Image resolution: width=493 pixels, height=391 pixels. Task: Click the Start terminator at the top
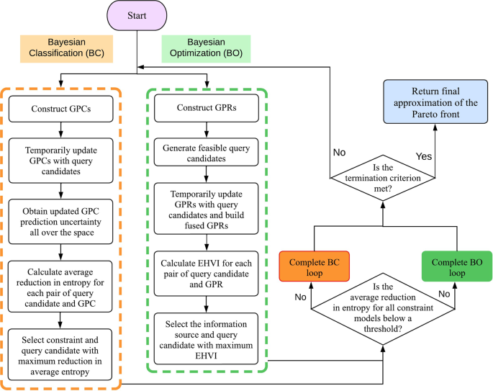[137, 15]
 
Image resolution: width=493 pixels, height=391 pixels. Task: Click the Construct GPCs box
[60, 109]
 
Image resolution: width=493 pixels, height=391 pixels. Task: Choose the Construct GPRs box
[207, 108]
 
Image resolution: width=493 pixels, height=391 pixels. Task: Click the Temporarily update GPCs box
[60, 161]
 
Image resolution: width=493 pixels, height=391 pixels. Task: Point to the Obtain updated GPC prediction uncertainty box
[60, 222]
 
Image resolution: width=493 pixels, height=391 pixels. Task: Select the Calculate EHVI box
[206, 274]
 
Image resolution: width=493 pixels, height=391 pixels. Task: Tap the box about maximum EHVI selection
[206, 338]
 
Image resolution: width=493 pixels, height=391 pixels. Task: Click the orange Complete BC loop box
[314, 266]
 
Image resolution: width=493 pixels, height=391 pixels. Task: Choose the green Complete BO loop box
[457, 266]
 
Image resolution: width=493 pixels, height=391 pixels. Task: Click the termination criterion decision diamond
[383, 178]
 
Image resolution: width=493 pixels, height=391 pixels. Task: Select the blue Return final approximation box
[435, 102]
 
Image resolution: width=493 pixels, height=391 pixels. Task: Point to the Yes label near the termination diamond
[423, 156]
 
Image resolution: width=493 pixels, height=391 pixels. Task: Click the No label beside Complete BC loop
[300, 297]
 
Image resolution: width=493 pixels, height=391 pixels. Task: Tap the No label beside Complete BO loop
[444, 294]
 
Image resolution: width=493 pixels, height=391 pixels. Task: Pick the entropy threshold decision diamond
[383, 309]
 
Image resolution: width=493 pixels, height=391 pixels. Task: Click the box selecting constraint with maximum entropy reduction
[60, 355]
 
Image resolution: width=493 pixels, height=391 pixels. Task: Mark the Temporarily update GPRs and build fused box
[206, 209]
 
